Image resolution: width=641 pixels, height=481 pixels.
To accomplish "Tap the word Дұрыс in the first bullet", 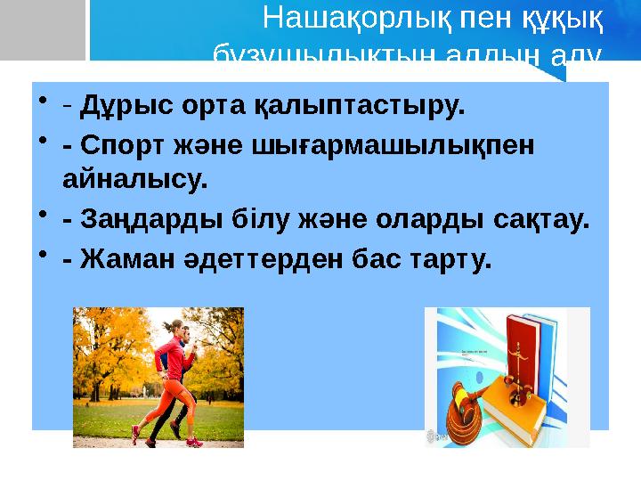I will (112, 109).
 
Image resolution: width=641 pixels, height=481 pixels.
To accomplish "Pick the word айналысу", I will (134, 181).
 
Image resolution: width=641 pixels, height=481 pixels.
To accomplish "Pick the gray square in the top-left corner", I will (40, 27).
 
